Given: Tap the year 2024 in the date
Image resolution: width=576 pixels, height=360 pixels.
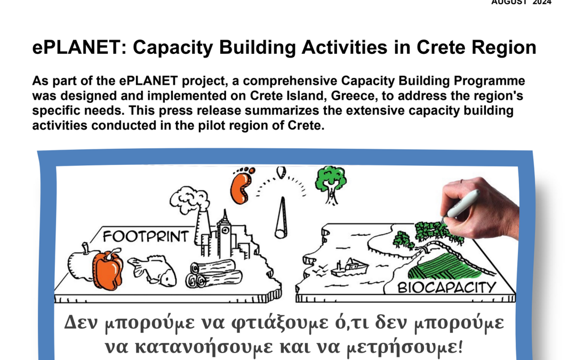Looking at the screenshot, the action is point(542,2).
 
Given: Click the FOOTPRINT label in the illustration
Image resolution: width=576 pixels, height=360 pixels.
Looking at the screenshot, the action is point(146,237).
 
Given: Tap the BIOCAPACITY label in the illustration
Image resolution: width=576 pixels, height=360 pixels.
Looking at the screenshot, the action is point(447,287).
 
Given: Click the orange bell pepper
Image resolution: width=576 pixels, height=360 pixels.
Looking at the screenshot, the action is point(108,269).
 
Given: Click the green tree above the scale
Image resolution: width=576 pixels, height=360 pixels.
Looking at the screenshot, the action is point(331,183).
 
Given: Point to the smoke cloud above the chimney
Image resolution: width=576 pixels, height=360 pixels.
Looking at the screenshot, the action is point(189,199).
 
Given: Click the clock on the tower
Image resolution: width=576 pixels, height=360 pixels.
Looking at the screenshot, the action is point(225,231).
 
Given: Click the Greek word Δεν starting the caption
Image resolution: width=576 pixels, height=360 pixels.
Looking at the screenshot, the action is point(81,322).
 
